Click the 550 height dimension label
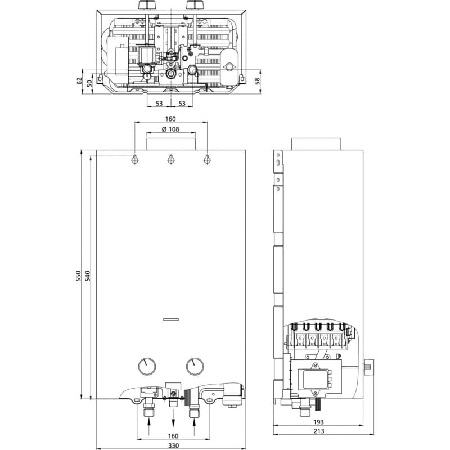(79, 276)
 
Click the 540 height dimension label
(88, 276)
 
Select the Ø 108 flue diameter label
(170, 129)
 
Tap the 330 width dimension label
(173, 445)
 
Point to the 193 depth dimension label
(318, 422)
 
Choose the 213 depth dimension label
(319, 431)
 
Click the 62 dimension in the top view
(79, 81)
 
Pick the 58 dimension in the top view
(257, 81)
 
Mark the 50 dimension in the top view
(89, 83)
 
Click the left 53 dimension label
(159, 103)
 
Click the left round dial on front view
(147, 367)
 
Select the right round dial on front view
(195, 367)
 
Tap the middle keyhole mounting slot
(171, 159)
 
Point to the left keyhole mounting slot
(134, 159)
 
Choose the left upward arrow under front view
(148, 427)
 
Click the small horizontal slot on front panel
(171, 319)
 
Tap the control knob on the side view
(368, 367)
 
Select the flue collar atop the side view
(316, 144)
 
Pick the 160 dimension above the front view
(170, 119)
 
